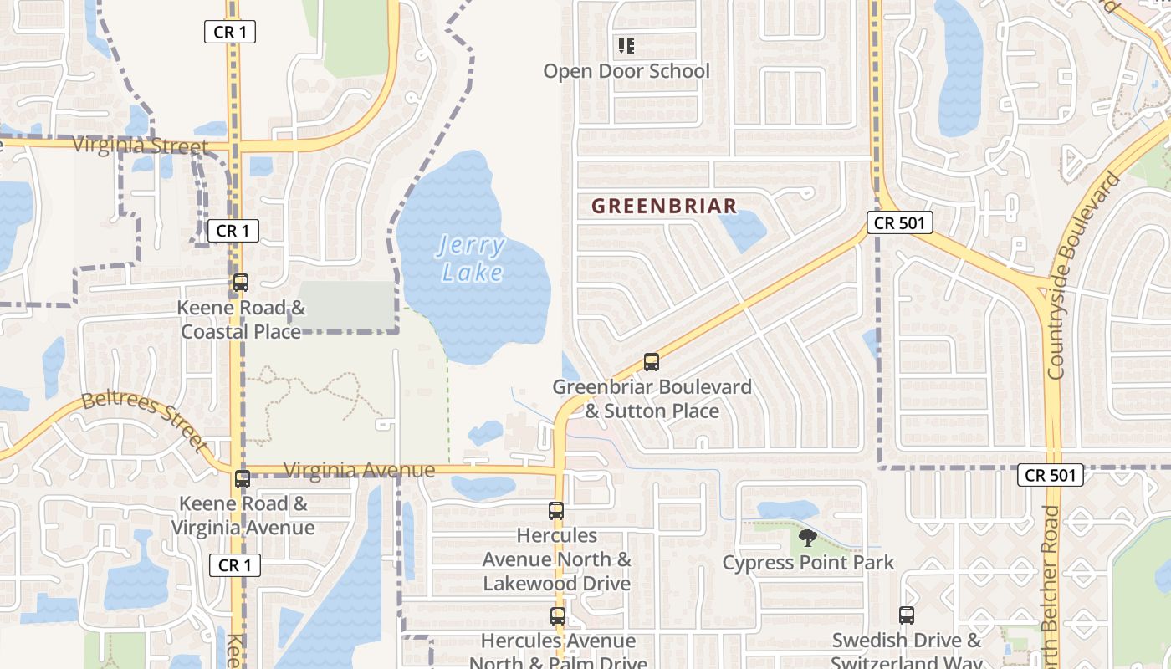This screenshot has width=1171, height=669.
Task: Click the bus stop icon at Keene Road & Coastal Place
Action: click(x=241, y=283)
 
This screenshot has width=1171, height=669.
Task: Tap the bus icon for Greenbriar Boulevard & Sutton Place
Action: click(x=652, y=362)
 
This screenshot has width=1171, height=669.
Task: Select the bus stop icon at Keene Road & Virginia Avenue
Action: click(x=243, y=479)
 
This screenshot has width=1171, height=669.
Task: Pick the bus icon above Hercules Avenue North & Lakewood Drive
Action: click(x=556, y=510)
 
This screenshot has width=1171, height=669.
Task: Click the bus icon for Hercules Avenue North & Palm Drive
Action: click(x=558, y=616)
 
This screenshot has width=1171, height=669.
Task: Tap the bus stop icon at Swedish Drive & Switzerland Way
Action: click(x=907, y=615)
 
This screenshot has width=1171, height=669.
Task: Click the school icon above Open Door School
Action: click(x=626, y=46)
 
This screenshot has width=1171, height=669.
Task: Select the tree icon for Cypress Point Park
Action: click(x=807, y=537)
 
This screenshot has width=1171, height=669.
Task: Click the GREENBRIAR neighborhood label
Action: click(x=664, y=206)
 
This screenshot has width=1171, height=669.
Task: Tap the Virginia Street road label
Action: click(x=140, y=146)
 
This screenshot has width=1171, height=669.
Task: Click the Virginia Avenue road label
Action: click(x=359, y=470)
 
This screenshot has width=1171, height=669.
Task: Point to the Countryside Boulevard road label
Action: click(x=1087, y=275)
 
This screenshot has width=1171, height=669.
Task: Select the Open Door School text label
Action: click(x=626, y=71)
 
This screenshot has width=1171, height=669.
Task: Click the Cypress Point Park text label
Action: click(x=808, y=563)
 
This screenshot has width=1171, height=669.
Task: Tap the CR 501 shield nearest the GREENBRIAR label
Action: click(x=899, y=222)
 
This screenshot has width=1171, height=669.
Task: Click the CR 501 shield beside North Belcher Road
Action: click(x=1051, y=475)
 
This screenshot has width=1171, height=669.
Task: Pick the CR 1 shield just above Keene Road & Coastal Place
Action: click(x=233, y=231)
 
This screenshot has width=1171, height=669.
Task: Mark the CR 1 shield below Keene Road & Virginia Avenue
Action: click(x=234, y=565)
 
